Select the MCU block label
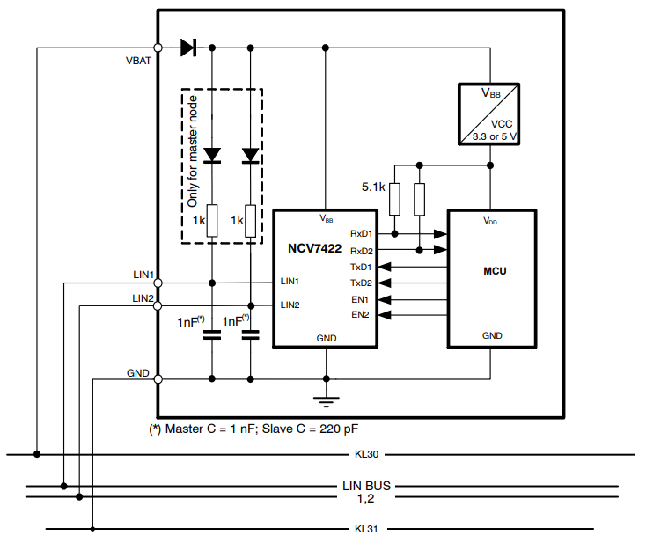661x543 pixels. click(x=492, y=270)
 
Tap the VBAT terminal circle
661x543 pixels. click(x=158, y=48)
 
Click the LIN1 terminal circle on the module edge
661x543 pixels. click(x=158, y=283)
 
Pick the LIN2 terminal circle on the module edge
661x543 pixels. click(x=158, y=305)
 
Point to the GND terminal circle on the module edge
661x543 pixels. click(x=158, y=379)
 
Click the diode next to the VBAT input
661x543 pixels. click(x=187, y=48)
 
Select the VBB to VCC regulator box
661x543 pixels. click(x=491, y=114)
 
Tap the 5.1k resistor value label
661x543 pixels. click(x=374, y=187)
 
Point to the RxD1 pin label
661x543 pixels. click(x=362, y=234)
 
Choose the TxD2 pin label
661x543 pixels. click(x=362, y=283)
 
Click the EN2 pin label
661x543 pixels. click(x=360, y=314)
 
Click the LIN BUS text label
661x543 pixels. click(x=366, y=485)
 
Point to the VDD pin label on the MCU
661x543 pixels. click(x=491, y=221)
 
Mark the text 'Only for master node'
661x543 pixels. click(x=193, y=165)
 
